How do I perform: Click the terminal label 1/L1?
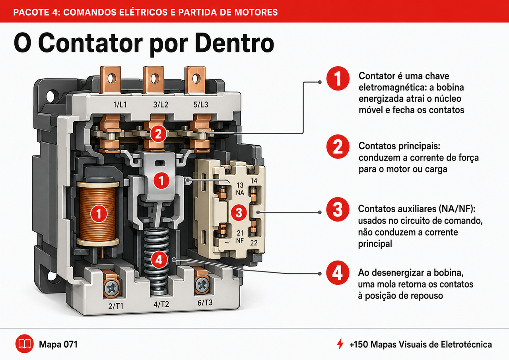point(120,105)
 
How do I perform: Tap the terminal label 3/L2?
point(161,105)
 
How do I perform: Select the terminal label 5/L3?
point(201,105)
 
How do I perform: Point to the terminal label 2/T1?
point(116,306)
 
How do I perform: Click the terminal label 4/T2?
point(161,304)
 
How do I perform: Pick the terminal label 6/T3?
point(205,302)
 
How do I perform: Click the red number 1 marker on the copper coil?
point(99,214)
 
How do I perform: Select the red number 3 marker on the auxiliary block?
point(239,213)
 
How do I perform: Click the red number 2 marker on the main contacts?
point(158,134)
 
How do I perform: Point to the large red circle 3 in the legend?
point(338,209)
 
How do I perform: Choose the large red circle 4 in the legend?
point(338,273)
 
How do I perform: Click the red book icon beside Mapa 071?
point(25,344)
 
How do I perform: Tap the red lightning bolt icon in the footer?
point(340,344)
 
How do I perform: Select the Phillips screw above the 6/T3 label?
point(202,285)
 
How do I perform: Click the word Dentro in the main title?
point(234,43)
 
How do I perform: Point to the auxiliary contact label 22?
point(254,243)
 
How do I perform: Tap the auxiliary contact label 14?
point(254,181)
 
